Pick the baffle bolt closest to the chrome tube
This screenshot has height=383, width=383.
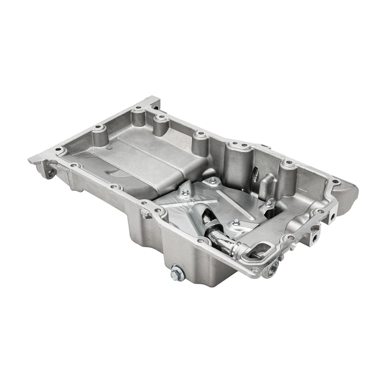[x=236, y=222]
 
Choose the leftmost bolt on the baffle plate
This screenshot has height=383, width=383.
[x=185, y=192]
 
